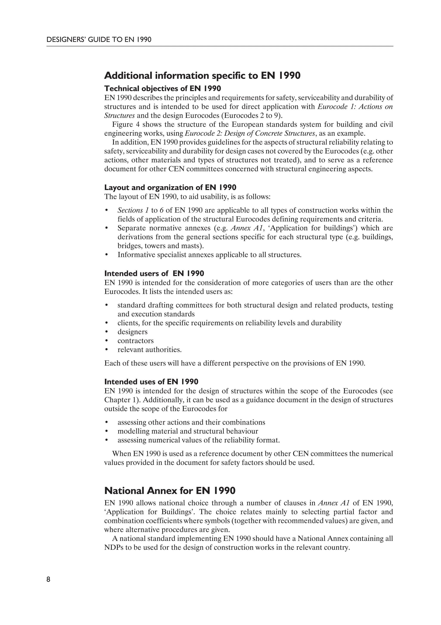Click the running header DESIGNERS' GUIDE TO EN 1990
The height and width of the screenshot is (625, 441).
point(99,40)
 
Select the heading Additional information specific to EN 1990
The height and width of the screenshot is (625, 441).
point(202,75)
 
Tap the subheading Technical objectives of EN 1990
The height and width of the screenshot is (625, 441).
point(162,89)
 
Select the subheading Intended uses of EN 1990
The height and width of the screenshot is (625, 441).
point(151,382)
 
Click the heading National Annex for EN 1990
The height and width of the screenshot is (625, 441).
point(169,491)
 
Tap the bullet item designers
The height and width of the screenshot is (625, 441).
point(132,332)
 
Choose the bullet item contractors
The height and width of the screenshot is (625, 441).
point(135,341)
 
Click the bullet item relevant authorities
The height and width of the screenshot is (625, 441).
point(149,349)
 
